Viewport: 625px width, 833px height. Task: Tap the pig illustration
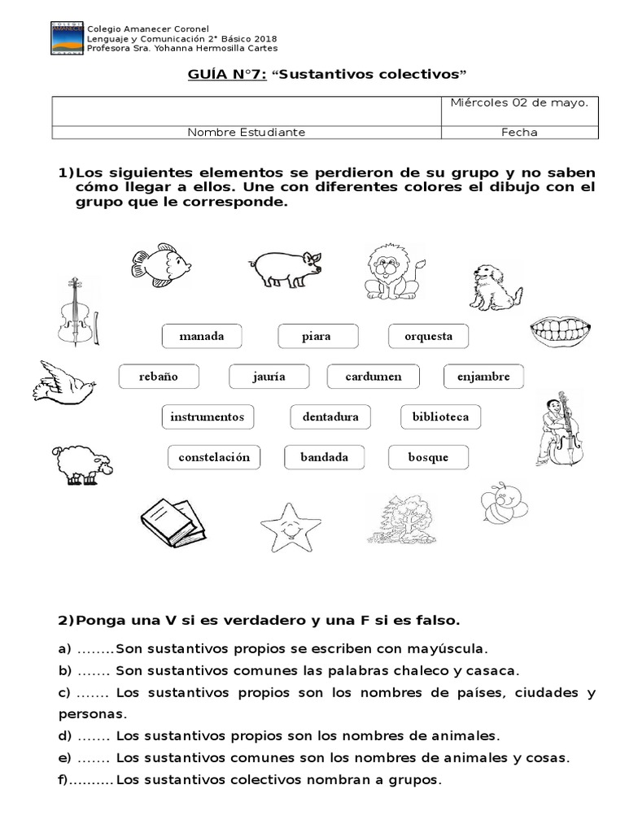point(284,267)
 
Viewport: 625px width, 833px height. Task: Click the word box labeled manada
point(201,336)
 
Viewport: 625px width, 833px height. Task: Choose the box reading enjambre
point(483,377)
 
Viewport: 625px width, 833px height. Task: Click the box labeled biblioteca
point(440,416)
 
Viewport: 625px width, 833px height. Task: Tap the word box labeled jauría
point(269,377)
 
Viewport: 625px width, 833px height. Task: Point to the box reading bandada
point(324,457)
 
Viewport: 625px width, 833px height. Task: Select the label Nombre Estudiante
point(247,133)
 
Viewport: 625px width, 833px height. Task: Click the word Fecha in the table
point(519,133)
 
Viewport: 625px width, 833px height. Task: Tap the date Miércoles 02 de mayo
point(519,102)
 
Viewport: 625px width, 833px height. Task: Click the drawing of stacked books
point(171,519)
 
